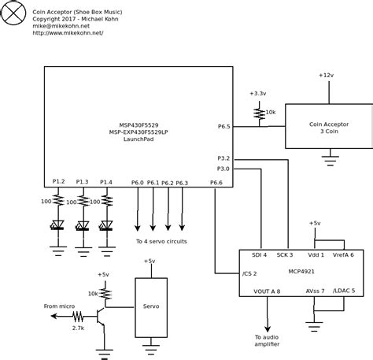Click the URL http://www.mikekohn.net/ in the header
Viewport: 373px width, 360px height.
click(68, 34)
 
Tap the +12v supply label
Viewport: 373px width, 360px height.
click(326, 75)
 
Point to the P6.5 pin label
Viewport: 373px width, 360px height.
click(223, 126)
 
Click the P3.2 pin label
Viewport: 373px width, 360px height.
click(223, 158)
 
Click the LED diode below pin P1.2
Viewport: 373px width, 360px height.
click(57, 225)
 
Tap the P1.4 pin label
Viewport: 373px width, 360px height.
click(105, 182)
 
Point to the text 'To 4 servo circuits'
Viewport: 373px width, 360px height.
click(161, 241)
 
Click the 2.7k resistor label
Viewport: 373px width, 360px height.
click(78, 327)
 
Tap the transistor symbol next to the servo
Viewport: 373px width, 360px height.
click(102, 316)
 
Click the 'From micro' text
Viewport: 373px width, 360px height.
click(60, 306)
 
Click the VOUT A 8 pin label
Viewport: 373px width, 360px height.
click(267, 291)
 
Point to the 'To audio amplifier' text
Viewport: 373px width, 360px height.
click(267, 340)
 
